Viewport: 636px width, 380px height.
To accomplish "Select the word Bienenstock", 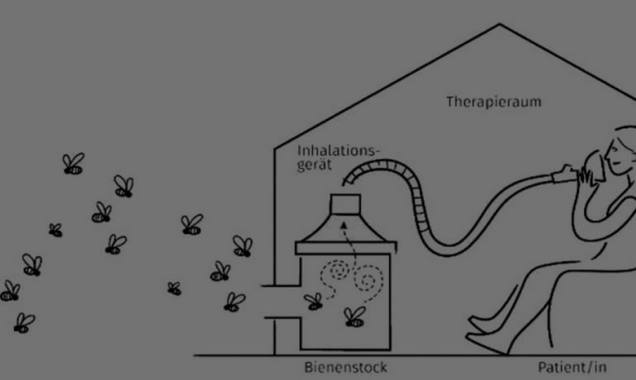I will click(x=345, y=366).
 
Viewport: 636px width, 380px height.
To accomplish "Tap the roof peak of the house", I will click(x=499, y=26).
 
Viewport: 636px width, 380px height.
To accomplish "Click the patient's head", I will click(x=620, y=153).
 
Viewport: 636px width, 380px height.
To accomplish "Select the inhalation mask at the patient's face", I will click(x=587, y=171).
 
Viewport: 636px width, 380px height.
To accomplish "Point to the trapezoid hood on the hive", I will click(x=345, y=230).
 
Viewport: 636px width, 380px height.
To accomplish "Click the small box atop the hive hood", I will click(x=345, y=205).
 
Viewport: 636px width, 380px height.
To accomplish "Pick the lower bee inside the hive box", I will click(x=354, y=316).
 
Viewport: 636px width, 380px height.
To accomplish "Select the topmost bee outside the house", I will click(x=74, y=164).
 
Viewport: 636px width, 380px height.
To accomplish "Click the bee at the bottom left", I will click(x=24, y=322).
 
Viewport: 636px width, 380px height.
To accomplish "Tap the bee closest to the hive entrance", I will click(x=235, y=302).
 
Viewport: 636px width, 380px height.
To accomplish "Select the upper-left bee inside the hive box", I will click(x=313, y=302).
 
